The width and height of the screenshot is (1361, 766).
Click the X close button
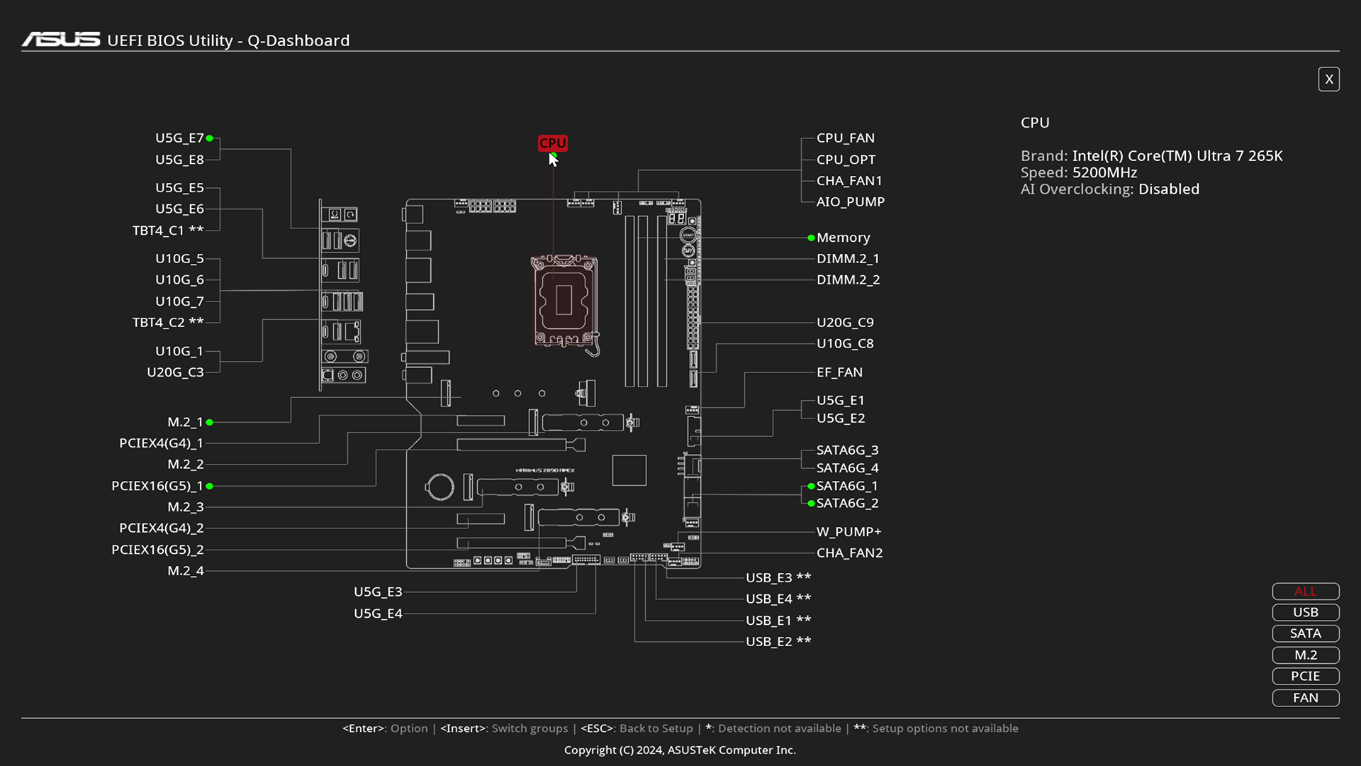click(x=1328, y=79)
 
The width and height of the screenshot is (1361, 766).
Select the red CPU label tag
click(x=552, y=143)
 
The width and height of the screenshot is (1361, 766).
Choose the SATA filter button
click(x=1305, y=633)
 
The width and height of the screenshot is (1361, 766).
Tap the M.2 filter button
click(x=1305, y=655)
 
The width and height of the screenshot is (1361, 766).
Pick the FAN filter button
click(x=1305, y=698)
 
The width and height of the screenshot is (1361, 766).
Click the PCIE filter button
click(x=1305, y=676)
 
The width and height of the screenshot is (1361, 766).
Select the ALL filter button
click(x=1305, y=592)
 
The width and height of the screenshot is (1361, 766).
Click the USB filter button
click(x=1305, y=612)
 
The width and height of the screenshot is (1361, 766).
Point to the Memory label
click(x=843, y=238)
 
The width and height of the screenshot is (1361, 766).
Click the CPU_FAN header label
click(x=845, y=138)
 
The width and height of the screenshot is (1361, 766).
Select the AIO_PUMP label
click(x=850, y=202)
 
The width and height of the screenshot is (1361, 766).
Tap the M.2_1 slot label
click(x=185, y=422)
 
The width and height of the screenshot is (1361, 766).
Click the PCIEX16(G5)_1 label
click(x=157, y=486)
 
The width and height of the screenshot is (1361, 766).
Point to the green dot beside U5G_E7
click(x=210, y=138)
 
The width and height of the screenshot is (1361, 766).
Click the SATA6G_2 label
click(x=847, y=504)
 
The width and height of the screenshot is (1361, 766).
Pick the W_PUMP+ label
click(x=848, y=532)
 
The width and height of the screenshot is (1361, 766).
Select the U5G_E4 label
click(x=378, y=614)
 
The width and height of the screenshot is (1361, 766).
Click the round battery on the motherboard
click(x=439, y=487)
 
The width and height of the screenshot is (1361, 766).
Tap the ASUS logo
click(x=61, y=40)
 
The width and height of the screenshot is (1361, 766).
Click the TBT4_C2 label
click(x=168, y=323)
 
